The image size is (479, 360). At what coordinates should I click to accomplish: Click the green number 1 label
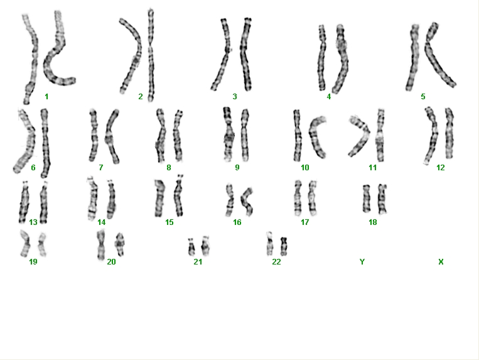pyautogui.click(x=46, y=97)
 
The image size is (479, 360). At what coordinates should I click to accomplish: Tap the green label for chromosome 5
pyautogui.click(x=422, y=97)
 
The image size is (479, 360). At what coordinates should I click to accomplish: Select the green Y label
pyautogui.click(x=362, y=261)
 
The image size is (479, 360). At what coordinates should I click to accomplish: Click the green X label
pyautogui.click(x=441, y=261)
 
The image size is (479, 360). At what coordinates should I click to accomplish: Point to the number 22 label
pyautogui.click(x=276, y=261)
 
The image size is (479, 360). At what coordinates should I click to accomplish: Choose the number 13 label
pyautogui.click(x=33, y=222)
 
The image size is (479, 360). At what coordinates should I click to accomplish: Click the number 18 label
pyautogui.click(x=373, y=222)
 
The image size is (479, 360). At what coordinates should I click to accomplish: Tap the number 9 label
pyautogui.click(x=237, y=168)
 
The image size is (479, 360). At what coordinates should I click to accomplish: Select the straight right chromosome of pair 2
pyautogui.click(x=151, y=55)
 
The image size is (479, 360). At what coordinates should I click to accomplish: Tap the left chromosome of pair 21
pyautogui.click(x=191, y=247)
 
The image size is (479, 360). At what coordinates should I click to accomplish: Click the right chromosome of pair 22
pyautogui.click(x=284, y=246)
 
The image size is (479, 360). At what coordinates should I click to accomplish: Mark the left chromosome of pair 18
pyautogui.click(x=366, y=199)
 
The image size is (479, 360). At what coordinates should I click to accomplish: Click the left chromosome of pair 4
pyautogui.click(x=321, y=58)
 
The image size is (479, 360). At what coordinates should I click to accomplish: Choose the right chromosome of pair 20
pyautogui.click(x=119, y=244)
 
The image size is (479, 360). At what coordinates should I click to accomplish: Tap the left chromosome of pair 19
pyautogui.click(x=25, y=244)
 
